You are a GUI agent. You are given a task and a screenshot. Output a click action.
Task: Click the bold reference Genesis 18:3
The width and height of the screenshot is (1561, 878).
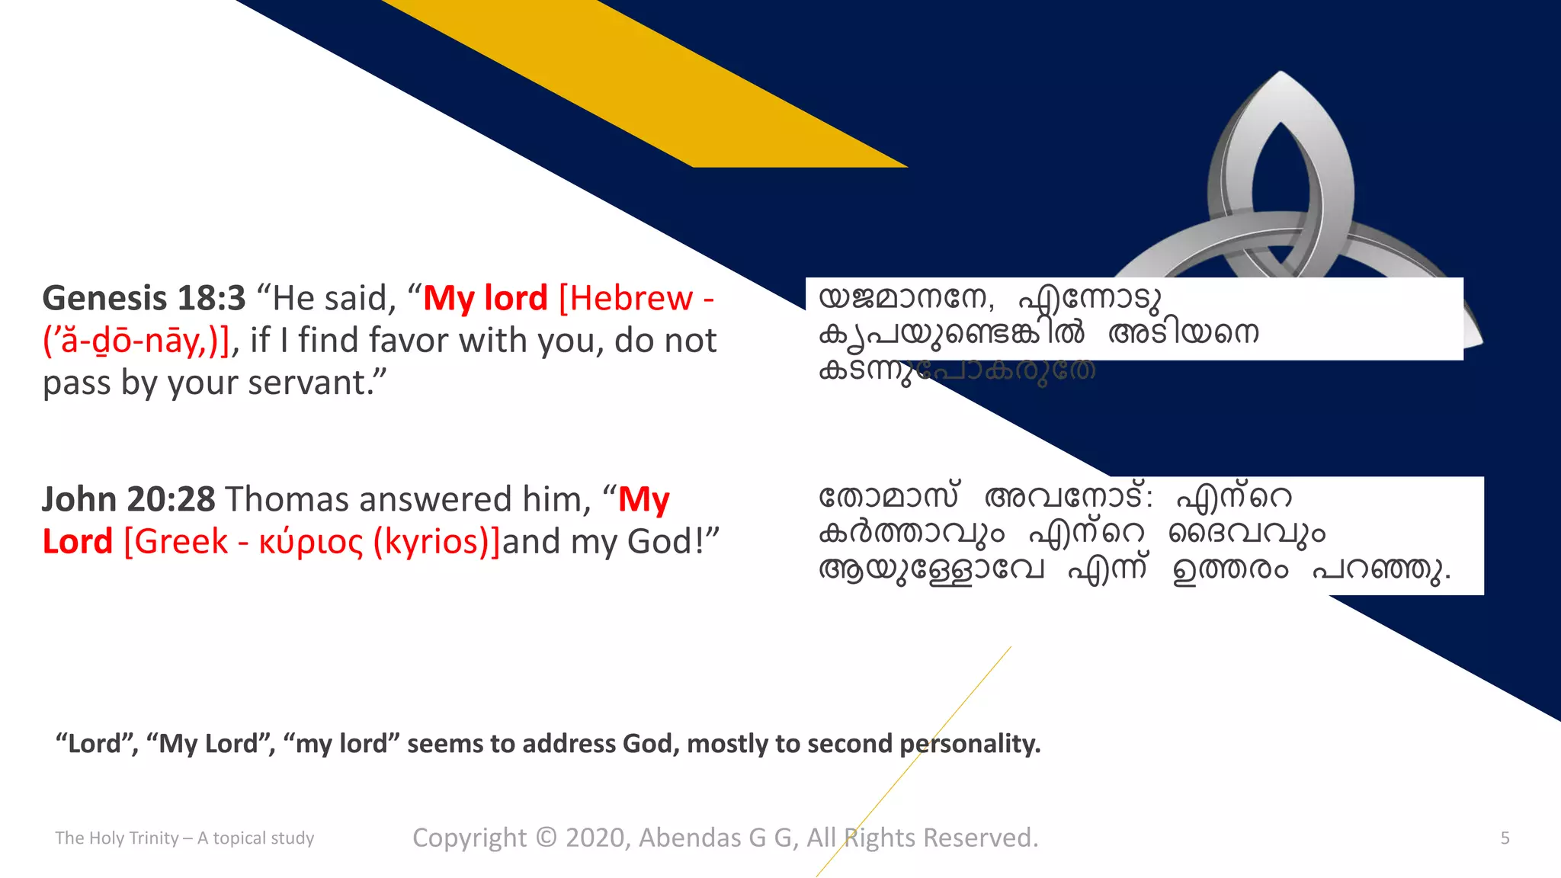pos(144,298)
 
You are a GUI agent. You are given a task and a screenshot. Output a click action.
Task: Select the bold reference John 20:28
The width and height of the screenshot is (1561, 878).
pos(129,499)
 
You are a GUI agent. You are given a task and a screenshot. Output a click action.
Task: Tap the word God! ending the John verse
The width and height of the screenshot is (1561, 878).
pos(664,542)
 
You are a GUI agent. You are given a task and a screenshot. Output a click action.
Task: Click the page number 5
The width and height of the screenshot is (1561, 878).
pos(1505,838)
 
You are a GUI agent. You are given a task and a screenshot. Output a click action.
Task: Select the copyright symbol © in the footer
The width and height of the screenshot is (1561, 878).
pos(546,837)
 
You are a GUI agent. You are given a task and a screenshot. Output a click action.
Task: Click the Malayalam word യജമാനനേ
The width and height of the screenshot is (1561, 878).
pos(906,298)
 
